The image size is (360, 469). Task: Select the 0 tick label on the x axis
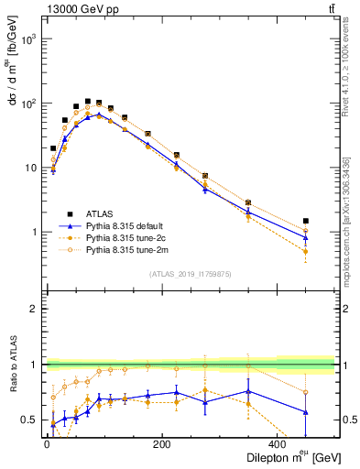[48, 443]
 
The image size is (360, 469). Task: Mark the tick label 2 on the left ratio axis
[35, 310]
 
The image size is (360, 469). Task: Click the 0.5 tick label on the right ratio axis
[346, 420]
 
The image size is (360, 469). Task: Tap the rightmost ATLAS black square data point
[305, 221]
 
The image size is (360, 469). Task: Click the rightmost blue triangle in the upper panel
[305, 238]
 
